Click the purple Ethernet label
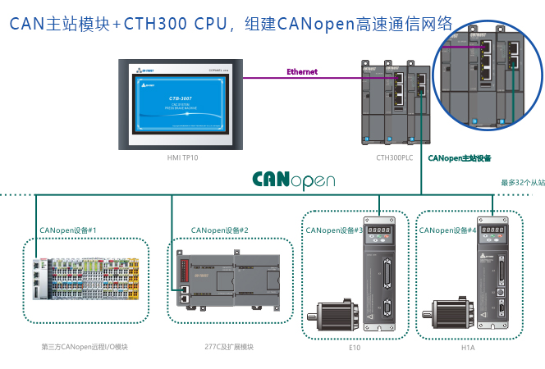click(x=301, y=72)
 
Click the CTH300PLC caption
click(x=395, y=157)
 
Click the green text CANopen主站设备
click(x=460, y=157)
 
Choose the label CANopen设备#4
click(x=447, y=230)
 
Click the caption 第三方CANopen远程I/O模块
click(x=84, y=347)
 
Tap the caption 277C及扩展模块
click(x=229, y=347)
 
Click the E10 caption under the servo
click(x=355, y=348)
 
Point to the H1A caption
click(x=468, y=348)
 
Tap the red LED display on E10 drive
click(x=379, y=231)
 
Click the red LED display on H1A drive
click(x=492, y=231)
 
